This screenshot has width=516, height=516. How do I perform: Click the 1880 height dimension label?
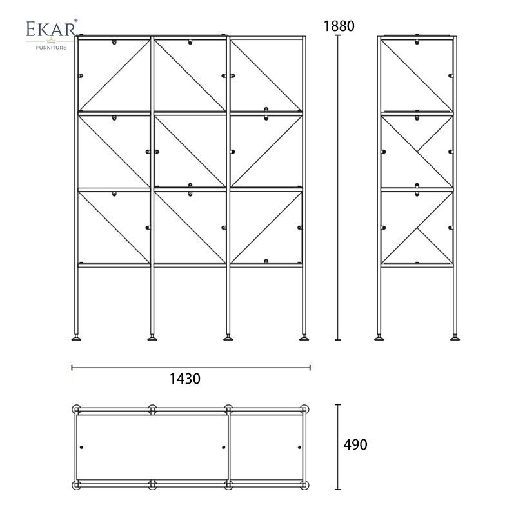click(339, 26)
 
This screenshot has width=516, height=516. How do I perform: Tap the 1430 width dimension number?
click(184, 379)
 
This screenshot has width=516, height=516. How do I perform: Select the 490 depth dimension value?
click(355, 444)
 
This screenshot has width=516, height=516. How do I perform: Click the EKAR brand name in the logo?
click(51, 29)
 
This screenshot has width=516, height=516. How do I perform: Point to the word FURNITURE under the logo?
click(51, 48)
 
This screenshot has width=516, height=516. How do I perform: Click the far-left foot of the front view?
click(76, 337)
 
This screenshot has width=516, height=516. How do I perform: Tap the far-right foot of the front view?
click(304, 337)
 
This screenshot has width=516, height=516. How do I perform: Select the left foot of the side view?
click(379, 337)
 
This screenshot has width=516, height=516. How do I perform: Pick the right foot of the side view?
click(455, 337)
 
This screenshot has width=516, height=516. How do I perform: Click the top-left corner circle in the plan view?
click(76, 410)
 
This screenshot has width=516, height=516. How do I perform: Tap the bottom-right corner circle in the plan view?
click(304, 485)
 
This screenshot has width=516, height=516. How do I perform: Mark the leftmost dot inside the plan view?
click(82, 447)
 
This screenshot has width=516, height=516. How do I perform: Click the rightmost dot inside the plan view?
click(299, 447)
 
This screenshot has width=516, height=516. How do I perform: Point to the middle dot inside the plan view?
click(224, 447)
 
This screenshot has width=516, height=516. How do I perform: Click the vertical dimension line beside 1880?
click(337, 188)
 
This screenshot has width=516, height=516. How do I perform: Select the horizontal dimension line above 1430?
click(191, 368)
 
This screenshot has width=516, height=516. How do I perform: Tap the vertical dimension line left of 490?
click(337, 447)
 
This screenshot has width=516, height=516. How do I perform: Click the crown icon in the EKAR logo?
click(51, 41)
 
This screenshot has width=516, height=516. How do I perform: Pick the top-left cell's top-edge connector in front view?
click(114, 42)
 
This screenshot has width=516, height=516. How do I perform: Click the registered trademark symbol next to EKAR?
click(76, 21)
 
